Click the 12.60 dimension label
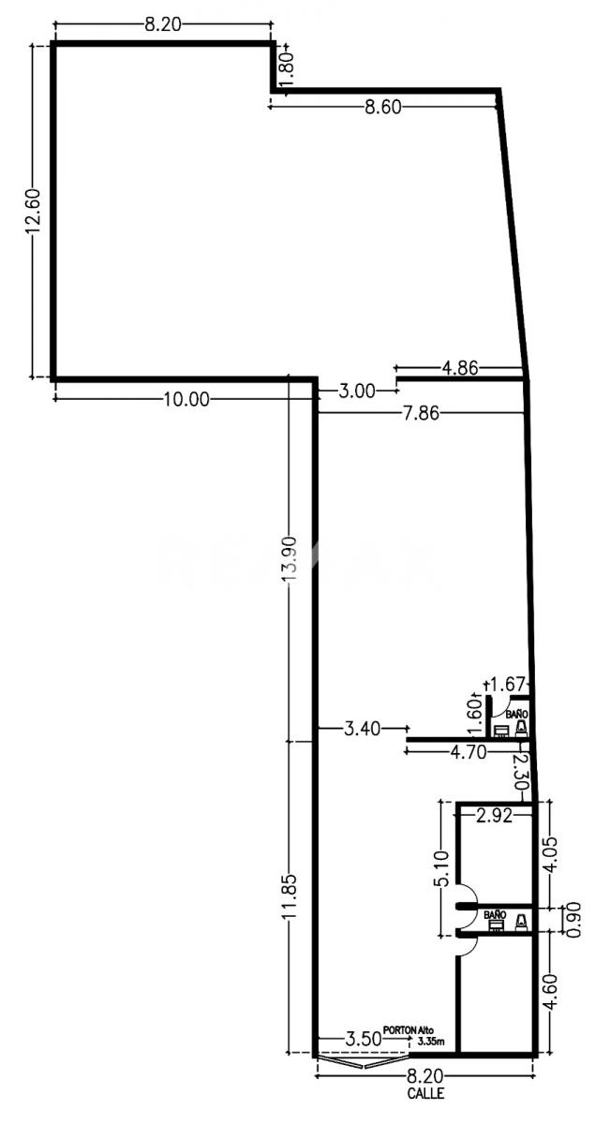click(31, 212)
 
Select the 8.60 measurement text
click(383, 108)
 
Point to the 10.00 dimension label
click(186, 399)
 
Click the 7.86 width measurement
click(421, 413)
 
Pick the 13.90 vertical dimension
click(290, 559)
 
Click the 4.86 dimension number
click(460, 368)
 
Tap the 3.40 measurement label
click(362, 728)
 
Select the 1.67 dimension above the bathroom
click(507, 684)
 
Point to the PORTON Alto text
click(409, 1029)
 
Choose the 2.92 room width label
click(494, 817)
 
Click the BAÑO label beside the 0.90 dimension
click(495, 915)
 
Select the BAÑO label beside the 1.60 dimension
click(516, 713)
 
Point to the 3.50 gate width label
click(363, 1038)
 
